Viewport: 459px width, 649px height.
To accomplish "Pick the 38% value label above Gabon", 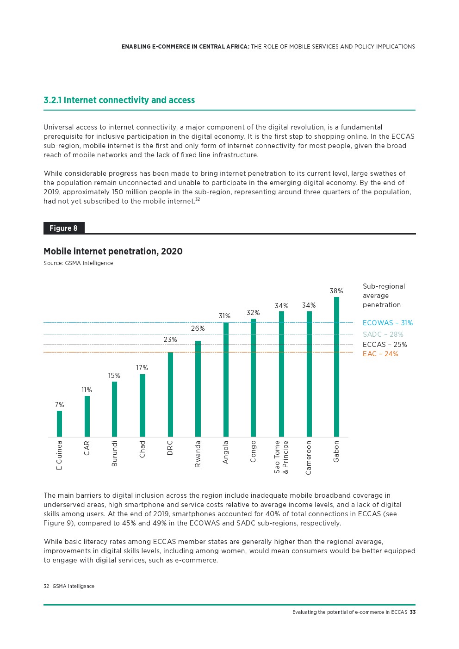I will (x=336, y=291).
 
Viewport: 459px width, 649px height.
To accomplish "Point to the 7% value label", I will (x=59, y=405).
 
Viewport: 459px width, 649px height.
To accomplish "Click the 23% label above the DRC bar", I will (x=170, y=340).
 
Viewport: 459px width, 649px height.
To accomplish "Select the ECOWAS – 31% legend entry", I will (x=387, y=323).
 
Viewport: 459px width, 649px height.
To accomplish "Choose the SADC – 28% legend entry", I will (x=383, y=334).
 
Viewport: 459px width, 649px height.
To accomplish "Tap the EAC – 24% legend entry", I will (x=380, y=354).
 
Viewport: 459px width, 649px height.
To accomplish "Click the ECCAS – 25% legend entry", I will (x=385, y=345).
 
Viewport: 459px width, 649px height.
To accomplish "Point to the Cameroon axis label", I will (x=309, y=457).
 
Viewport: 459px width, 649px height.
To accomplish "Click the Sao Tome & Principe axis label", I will (x=281, y=457).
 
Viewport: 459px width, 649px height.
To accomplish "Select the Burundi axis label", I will (x=115, y=453).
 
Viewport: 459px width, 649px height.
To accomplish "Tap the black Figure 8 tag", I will (x=64, y=228).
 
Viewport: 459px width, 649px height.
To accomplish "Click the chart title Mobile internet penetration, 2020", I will (x=113, y=251).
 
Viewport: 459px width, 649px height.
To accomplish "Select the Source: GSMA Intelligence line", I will (x=78, y=263).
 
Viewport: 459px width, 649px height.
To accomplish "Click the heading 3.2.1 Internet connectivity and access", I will (x=119, y=100).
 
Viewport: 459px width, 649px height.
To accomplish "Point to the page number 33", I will (x=413, y=612).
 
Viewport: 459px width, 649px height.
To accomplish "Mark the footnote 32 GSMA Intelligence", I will (x=69, y=586).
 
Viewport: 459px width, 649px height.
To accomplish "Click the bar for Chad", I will (x=143, y=405).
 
